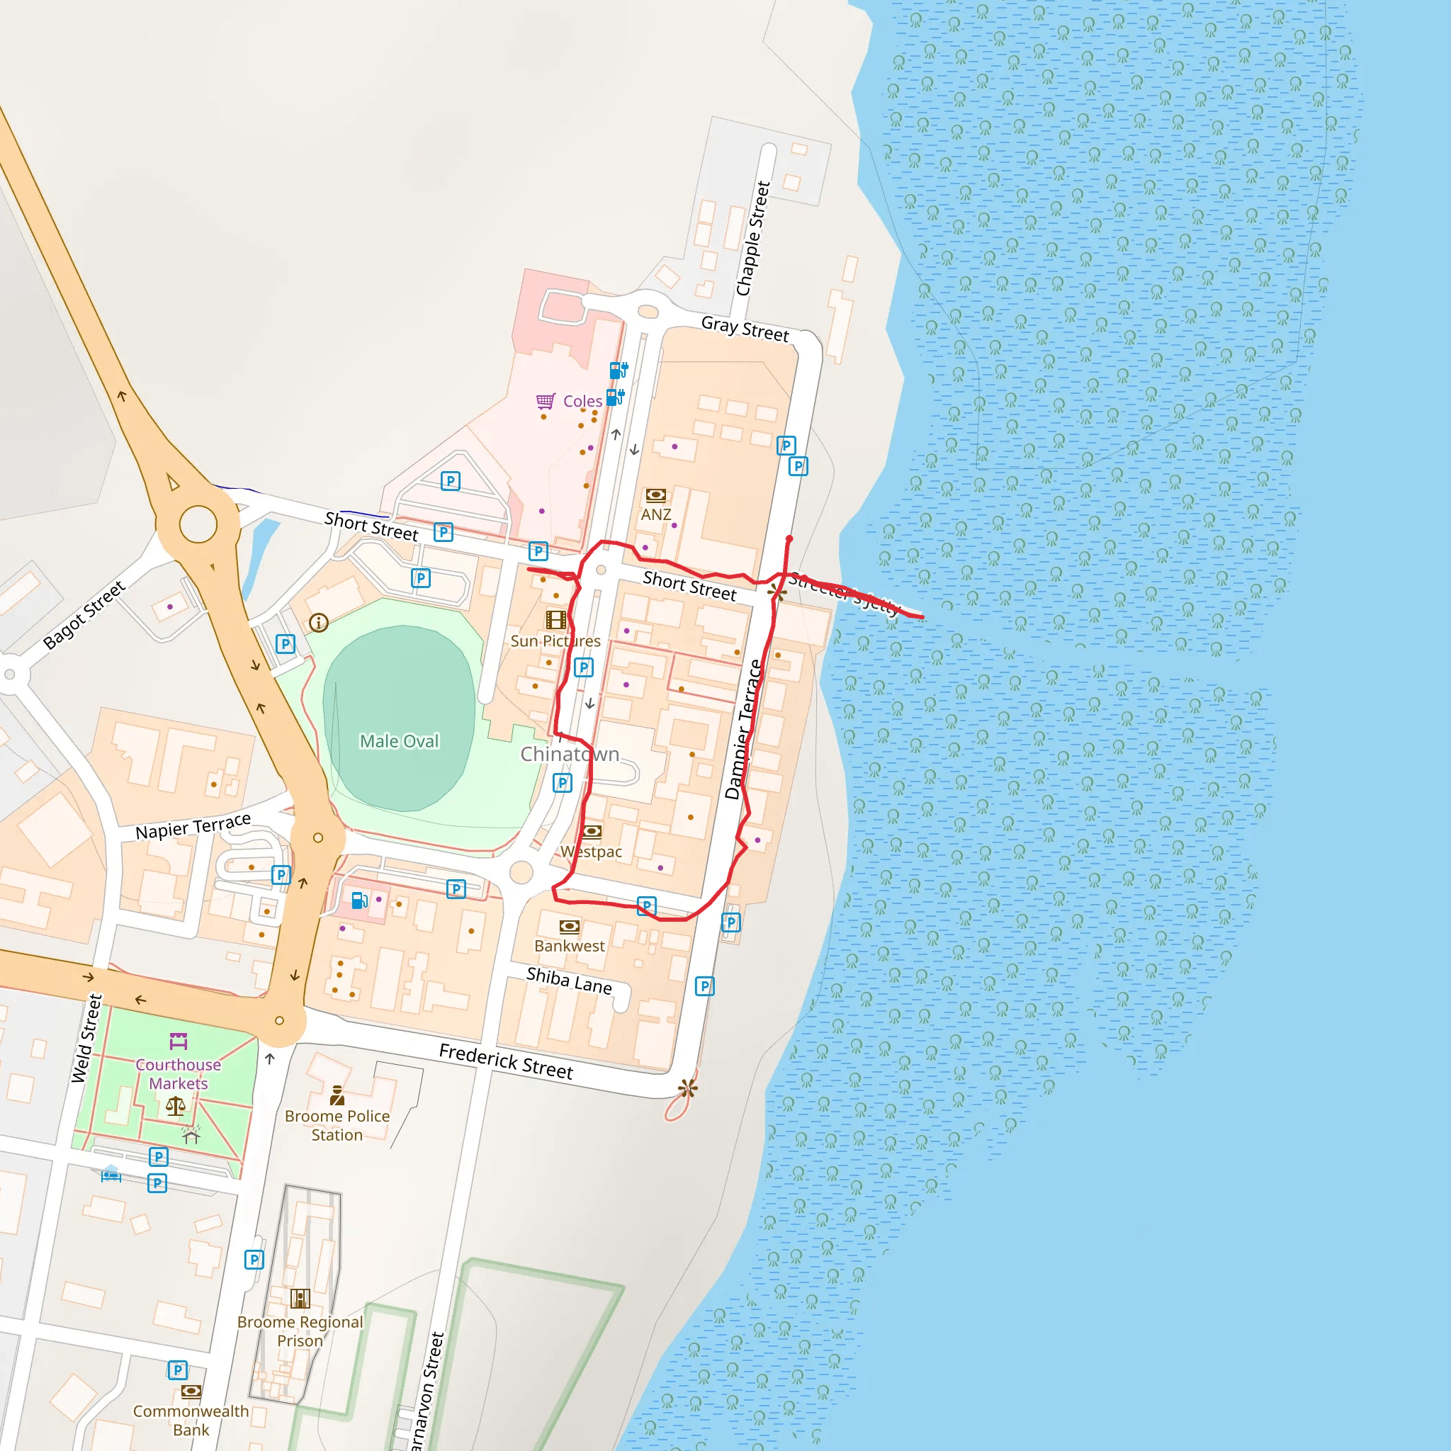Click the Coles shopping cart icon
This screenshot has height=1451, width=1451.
tap(546, 401)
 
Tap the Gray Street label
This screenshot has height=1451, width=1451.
tap(745, 328)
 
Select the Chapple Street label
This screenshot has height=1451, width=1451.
tap(753, 239)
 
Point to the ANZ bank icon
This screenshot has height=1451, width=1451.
tap(655, 495)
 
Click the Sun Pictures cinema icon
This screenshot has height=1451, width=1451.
tap(555, 620)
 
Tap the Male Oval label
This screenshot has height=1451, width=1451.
tap(399, 741)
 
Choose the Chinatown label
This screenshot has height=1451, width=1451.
tap(570, 754)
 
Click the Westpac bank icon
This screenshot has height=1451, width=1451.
tap(592, 831)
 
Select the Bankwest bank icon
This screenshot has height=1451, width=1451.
tap(570, 926)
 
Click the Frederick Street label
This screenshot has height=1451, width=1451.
tap(505, 1061)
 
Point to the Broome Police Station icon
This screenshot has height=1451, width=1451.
tap(337, 1097)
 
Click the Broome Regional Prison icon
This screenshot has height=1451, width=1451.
tap(300, 1298)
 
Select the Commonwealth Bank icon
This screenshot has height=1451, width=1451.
tap(191, 1391)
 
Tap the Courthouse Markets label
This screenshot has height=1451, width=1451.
tap(178, 1074)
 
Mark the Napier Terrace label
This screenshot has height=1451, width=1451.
tap(193, 826)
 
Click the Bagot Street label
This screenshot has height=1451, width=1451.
tap(84, 615)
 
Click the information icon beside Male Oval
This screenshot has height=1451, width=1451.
tap(318, 623)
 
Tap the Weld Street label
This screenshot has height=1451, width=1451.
tap(86, 1039)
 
